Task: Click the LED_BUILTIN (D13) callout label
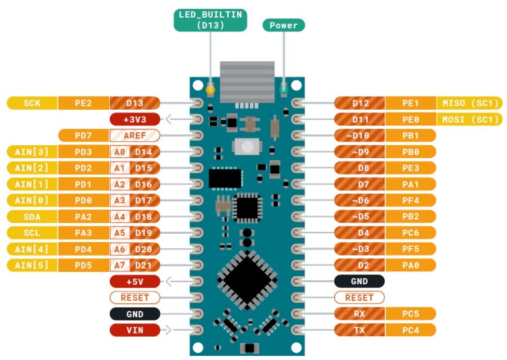point(210,20)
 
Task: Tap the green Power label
point(284,25)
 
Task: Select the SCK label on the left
point(32,104)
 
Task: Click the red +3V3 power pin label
point(134,119)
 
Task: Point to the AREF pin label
point(134,136)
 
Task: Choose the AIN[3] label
point(32,152)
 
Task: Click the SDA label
point(32,217)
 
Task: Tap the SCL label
point(32,233)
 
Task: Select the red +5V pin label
point(134,282)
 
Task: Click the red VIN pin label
point(134,331)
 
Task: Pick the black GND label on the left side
point(134,314)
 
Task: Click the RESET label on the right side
point(360,298)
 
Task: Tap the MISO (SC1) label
point(470,104)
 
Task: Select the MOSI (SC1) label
point(470,119)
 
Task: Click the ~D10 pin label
point(360,136)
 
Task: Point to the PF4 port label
point(410,200)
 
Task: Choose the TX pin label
point(360,331)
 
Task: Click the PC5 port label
point(410,314)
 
